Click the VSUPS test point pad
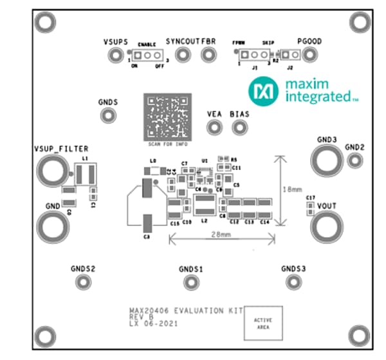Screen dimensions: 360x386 point(115,56)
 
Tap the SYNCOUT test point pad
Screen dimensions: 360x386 point(181,55)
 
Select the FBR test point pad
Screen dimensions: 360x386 point(208,55)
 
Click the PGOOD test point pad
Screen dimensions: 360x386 point(310,56)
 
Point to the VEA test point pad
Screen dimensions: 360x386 point(214,128)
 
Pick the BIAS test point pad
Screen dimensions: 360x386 point(240,128)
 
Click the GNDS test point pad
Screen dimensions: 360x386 point(107,115)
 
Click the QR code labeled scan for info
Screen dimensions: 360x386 point(167,117)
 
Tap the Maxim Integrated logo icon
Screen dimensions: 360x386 point(264,91)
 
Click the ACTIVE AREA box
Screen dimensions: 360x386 point(262,323)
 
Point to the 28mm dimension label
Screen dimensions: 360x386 point(220,236)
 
